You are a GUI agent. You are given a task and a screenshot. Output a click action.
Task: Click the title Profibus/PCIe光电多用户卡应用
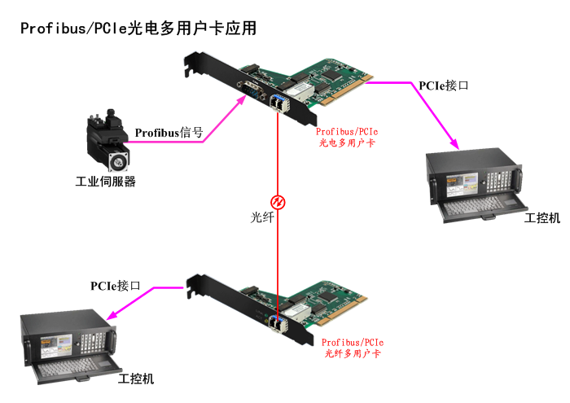138,28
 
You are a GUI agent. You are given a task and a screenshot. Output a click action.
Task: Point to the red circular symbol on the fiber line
278,201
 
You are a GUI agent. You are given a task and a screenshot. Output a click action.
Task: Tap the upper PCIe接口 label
444,85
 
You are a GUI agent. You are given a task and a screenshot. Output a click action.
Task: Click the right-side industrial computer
473,183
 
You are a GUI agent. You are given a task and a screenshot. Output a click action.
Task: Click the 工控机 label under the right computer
542,218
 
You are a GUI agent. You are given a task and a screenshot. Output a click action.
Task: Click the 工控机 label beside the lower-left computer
136,379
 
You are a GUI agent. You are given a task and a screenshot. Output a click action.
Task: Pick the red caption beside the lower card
353,348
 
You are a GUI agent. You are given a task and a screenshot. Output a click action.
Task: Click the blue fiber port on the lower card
278,324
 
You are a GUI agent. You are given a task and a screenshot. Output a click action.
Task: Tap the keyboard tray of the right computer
476,210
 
